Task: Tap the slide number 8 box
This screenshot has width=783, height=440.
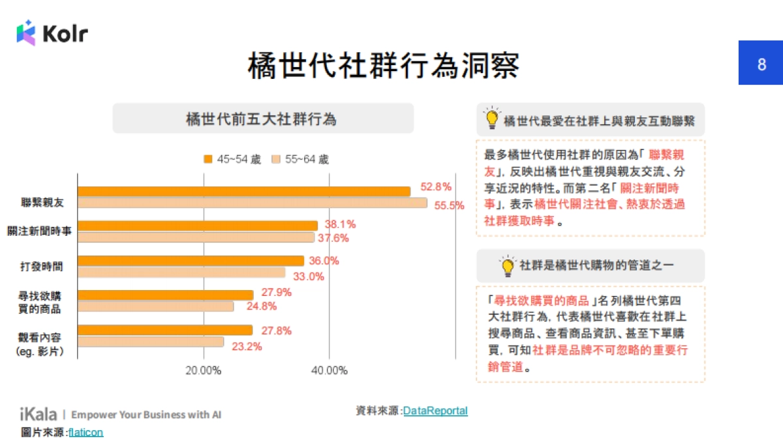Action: tap(761, 65)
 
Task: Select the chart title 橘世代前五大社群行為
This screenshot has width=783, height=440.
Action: tap(262, 119)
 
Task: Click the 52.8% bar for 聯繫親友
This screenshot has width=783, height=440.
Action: tap(244, 191)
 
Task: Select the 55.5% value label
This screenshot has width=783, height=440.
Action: tap(449, 205)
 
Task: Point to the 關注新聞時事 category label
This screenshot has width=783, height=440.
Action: tap(40, 231)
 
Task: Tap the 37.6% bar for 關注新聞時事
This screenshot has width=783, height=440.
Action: tap(196, 237)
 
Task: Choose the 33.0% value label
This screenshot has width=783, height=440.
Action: tap(308, 276)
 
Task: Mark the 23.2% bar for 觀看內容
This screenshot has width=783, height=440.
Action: tap(151, 342)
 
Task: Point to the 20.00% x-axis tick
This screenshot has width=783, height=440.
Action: tap(203, 371)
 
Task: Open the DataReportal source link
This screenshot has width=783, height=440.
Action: tap(435, 411)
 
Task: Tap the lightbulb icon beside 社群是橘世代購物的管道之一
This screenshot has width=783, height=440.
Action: tap(508, 266)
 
